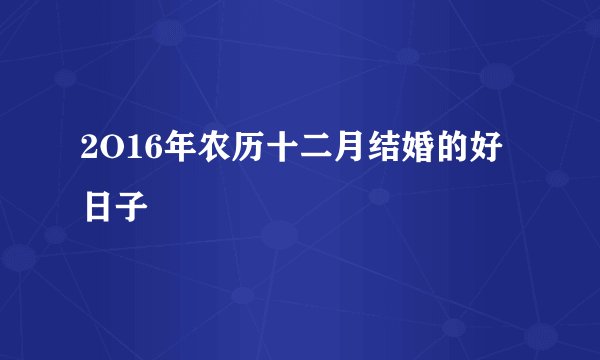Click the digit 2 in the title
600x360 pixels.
tap(92, 159)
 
